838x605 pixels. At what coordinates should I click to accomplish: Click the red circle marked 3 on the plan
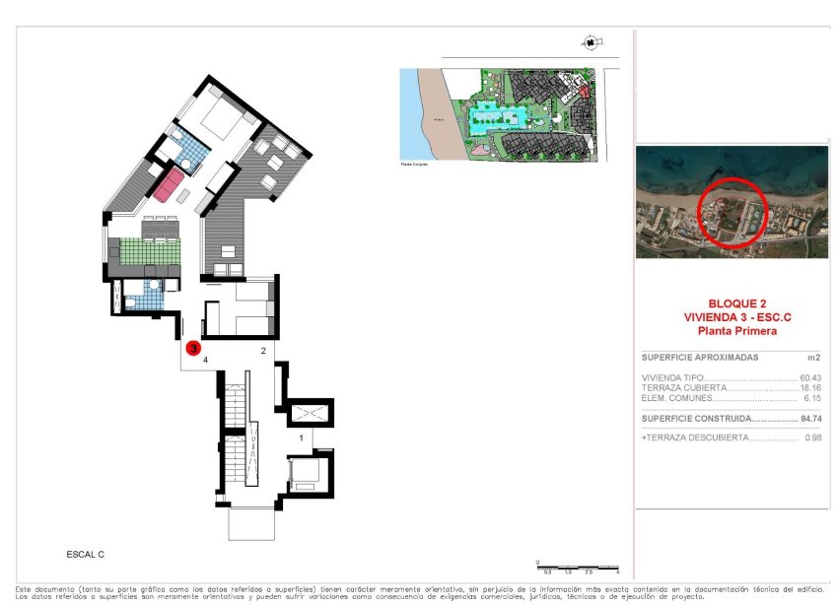pos(194,348)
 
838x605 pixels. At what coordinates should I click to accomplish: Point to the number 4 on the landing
pos(205,362)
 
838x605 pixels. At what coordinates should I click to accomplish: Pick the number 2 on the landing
pos(263,351)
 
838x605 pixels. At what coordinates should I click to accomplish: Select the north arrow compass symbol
pos(590,42)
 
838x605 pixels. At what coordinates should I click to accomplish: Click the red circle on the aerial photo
pos(732,210)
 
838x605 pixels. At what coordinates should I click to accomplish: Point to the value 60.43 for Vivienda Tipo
pos(810,378)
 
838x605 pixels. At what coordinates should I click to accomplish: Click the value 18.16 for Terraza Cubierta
pos(810,388)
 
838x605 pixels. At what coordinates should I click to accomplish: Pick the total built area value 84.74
pos(810,419)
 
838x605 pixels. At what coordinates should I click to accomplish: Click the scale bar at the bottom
pos(578,569)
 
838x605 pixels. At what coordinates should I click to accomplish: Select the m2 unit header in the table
pos(813,358)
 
